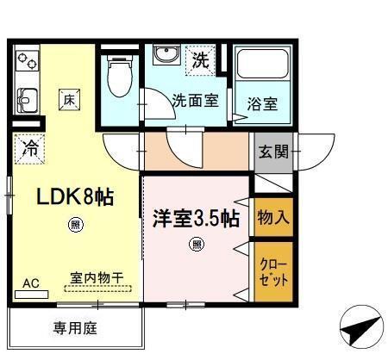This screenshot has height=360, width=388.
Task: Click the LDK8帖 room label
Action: pyautogui.click(x=75, y=198)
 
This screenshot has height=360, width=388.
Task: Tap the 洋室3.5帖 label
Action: pyautogui.click(x=197, y=219)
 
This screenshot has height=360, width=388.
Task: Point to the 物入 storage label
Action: pyautogui.click(x=272, y=219)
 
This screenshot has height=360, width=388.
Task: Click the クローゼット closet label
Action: pyautogui.click(x=272, y=271)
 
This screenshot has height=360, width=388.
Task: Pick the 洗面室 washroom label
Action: pyautogui.click(x=195, y=100)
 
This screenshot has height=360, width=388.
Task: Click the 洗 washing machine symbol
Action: pyautogui.click(x=200, y=61)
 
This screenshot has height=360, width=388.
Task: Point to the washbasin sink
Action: pyautogui.click(x=163, y=55)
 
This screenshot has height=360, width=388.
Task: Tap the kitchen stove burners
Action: pyautogui.click(x=27, y=61)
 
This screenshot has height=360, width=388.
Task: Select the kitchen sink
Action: pyautogui.click(x=25, y=98)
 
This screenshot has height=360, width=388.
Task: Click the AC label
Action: pyautogui.click(x=30, y=282)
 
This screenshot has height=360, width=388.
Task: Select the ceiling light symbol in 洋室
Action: pyautogui.click(x=197, y=244)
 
